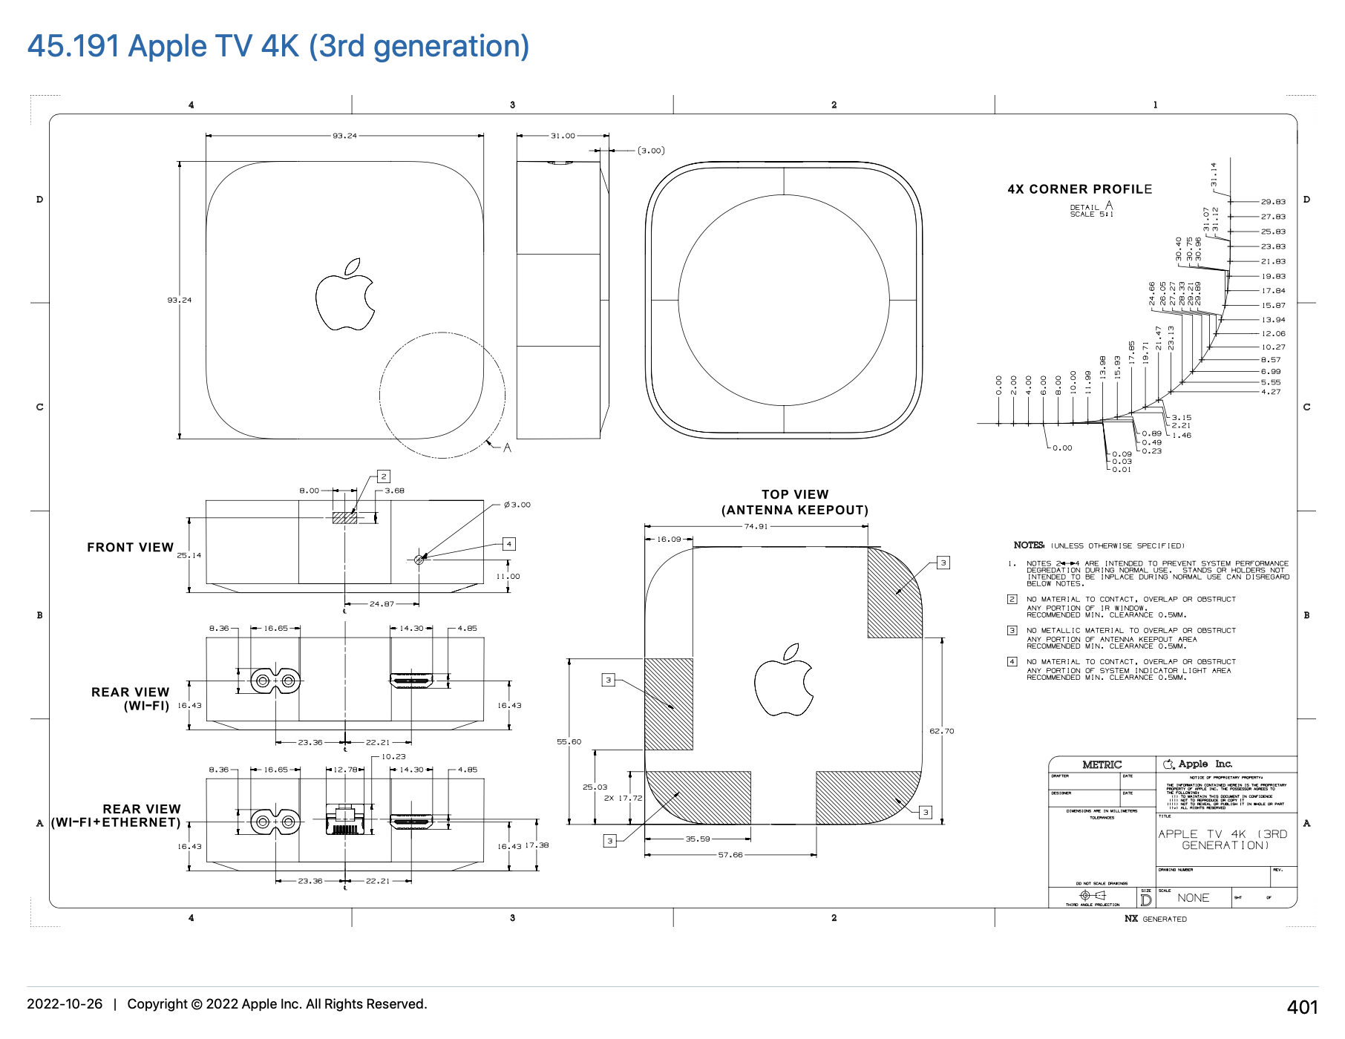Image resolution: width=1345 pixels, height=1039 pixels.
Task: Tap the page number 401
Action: (x=1302, y=1006)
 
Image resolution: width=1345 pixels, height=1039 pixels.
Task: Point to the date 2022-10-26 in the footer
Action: (x=65, y=1004)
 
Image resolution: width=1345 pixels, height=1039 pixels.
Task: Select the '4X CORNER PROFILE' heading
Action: (x=1079, y=189)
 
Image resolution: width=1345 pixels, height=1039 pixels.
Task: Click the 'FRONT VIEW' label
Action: (x=130, y=547)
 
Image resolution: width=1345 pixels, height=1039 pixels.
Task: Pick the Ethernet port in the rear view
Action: (x=344, y=819)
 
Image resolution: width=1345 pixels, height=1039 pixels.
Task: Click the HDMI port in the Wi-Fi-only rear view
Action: (x=411, y=679)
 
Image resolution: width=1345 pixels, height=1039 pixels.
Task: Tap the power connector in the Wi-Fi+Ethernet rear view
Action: (x=275, y=821)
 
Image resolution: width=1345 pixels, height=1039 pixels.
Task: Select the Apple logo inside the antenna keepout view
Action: (x=784, y=680)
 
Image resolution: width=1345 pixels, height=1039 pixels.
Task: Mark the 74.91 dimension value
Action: (x=756, y=526)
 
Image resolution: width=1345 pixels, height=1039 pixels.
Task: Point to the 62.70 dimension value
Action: (x=941, y=731)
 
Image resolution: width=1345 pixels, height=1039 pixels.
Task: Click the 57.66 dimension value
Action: (x=730, y=855)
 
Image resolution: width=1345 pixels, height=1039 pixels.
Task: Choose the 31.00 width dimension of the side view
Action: (x=563, y=136)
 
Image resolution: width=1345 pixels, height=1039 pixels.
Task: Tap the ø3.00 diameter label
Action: (x=517, y=505)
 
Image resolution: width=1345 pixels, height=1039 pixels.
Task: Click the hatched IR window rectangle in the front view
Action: (x=344, y=517)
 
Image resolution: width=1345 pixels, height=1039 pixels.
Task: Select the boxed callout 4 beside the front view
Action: (x=508, y=544)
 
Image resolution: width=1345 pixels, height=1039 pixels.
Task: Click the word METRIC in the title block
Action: (x=1102, y=764)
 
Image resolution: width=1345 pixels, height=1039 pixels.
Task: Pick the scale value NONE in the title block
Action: (x=1193, y=898)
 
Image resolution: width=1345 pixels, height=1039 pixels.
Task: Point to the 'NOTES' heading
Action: (x=1029, y=545)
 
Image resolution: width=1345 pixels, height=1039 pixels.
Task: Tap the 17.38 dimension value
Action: (x=537, y=845)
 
